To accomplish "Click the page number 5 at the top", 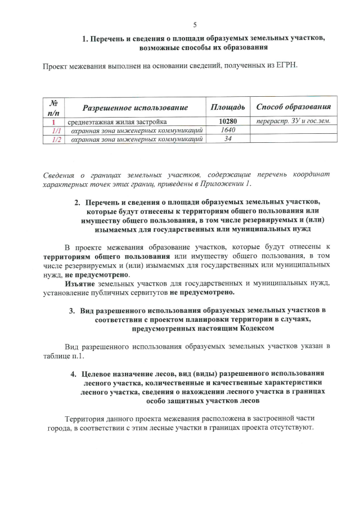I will point(195,25).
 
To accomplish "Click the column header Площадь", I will point(227,107).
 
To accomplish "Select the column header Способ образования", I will point(293,107).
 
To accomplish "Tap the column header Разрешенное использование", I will point(135,107).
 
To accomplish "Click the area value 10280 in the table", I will point(227,121).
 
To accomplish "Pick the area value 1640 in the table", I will point(227,130).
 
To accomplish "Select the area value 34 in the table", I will point(228,139).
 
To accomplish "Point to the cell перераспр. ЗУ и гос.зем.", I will point(293,121).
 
